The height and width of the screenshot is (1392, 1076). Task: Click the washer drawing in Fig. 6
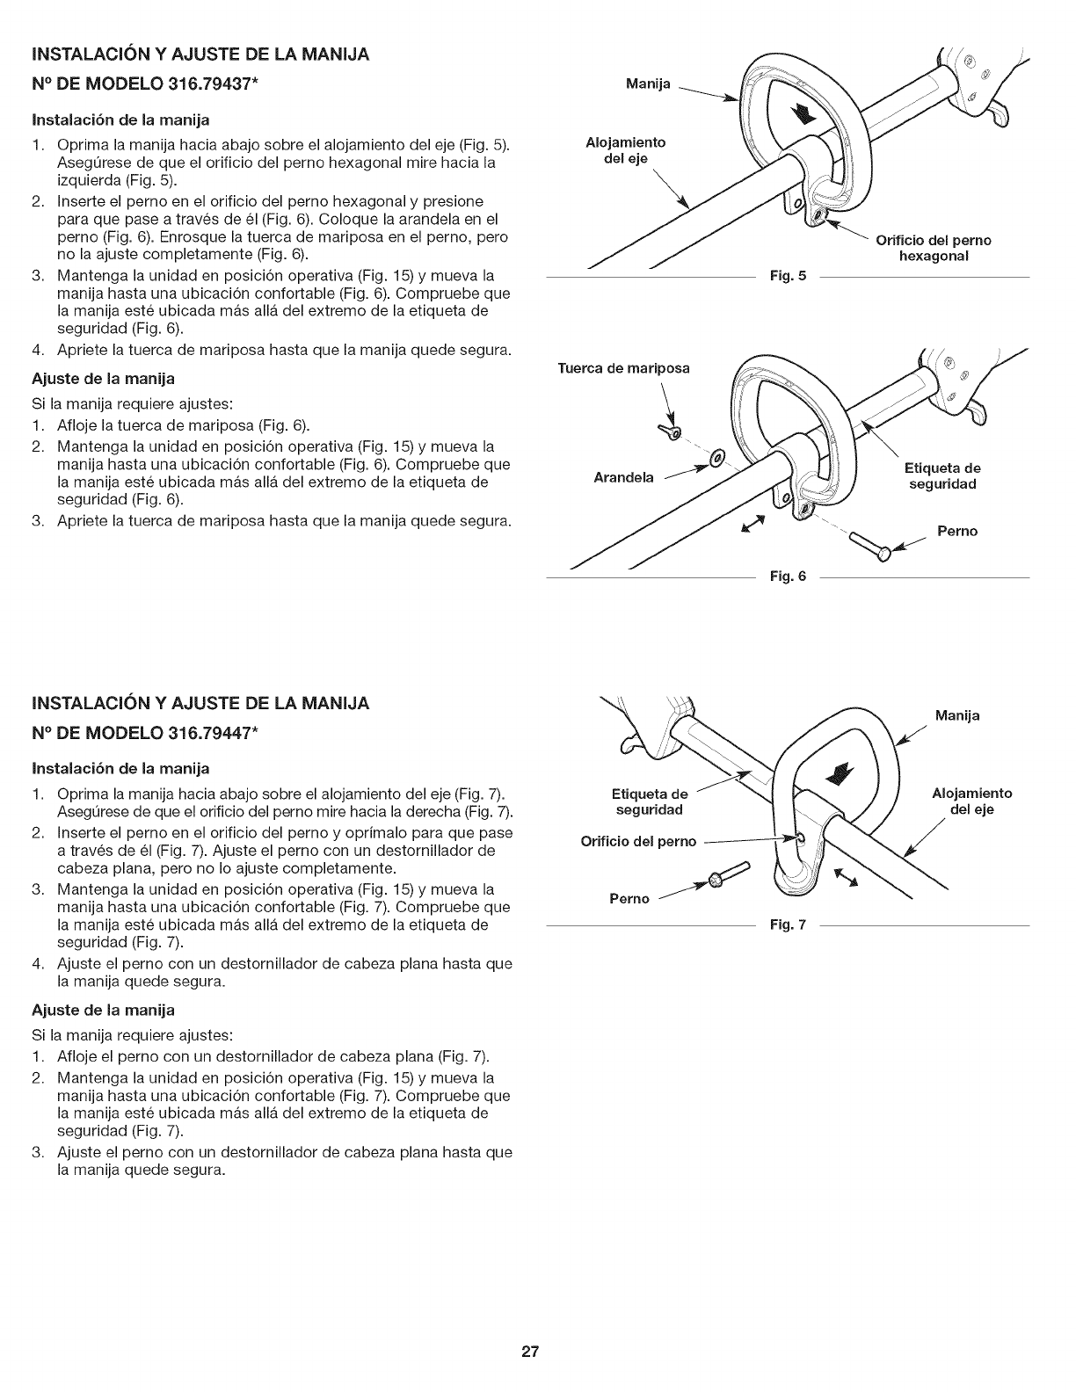click(x=717, y=457)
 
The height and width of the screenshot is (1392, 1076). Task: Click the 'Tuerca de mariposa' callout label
click(x=624, y=367)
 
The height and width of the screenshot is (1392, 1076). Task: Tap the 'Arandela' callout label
click(x=624, y=478)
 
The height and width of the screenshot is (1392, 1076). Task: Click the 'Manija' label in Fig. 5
click(x=648, y=84)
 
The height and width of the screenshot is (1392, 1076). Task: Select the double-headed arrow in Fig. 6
click(x=752, y=525)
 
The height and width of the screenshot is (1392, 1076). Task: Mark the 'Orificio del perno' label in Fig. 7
click(x=639, y=841)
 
